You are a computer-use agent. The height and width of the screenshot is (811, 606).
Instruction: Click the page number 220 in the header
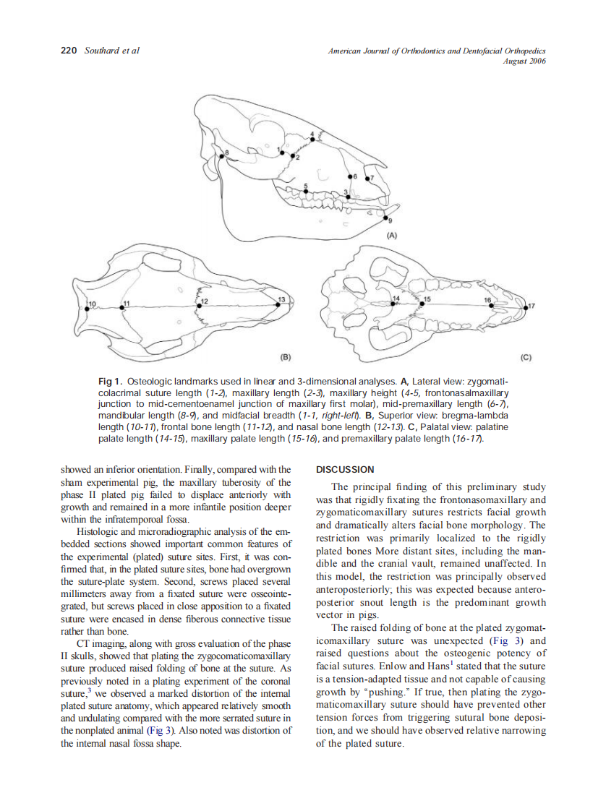click(x=69, y=51)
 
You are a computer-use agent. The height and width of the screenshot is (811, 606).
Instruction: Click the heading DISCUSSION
click(x=345, y=470)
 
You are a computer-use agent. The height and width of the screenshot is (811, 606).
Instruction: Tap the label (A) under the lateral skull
click(x=391, y=236)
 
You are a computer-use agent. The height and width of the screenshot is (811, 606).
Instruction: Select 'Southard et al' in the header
click(x=112, y=51)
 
